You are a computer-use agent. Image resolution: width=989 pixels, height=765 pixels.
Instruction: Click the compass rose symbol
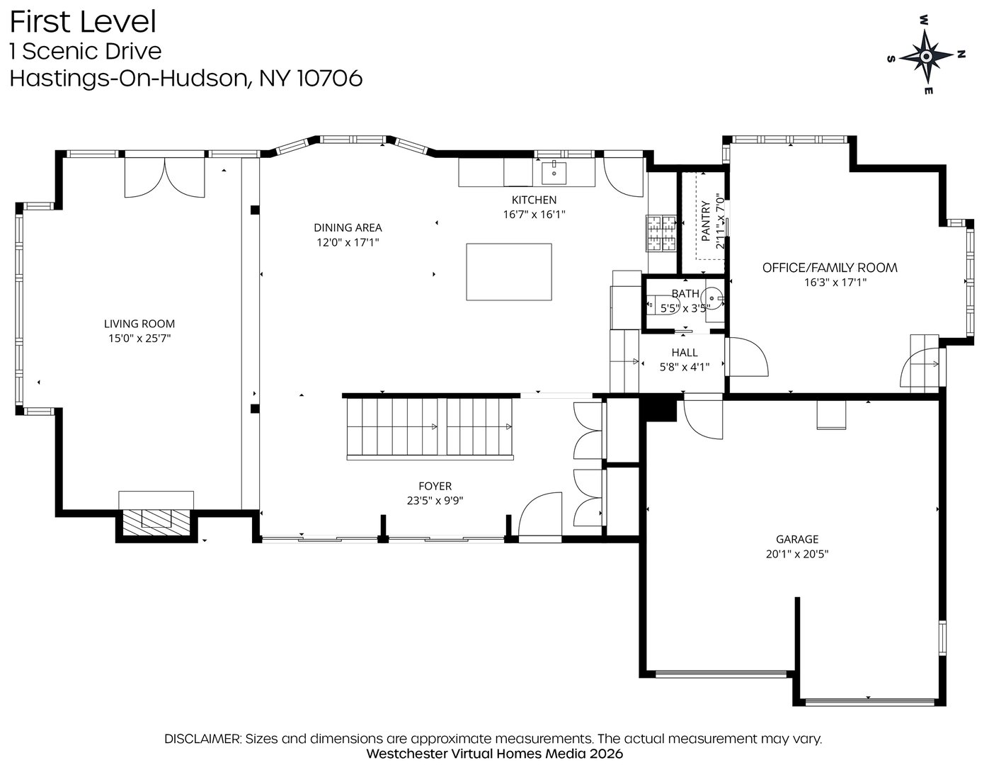[927, 56]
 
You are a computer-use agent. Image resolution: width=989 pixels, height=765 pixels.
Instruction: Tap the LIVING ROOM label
[139, 324]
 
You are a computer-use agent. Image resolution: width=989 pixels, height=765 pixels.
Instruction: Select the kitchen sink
[554, 172]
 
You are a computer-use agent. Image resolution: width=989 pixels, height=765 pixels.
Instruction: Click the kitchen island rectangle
[509, 272]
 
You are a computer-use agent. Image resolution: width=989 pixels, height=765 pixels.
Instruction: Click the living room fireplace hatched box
[156, 522]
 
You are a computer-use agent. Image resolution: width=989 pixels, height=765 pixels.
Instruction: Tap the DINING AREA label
[348, 227]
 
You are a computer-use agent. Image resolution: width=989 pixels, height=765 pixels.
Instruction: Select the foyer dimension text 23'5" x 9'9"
[435, 500]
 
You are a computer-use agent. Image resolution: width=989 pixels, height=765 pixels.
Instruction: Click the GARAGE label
[797, 539]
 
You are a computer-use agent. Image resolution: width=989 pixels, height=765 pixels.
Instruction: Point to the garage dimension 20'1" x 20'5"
[797, 554]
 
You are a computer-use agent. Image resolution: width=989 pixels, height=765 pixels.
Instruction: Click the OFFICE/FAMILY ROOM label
[830, 268]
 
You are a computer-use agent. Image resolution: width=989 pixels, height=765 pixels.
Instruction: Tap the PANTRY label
[706, 221]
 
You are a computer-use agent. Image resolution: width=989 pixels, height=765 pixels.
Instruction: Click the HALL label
[685, 353]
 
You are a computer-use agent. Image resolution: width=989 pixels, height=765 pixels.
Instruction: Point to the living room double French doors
[165, 177]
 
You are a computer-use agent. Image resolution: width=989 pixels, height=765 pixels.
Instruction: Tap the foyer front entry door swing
[540, 515]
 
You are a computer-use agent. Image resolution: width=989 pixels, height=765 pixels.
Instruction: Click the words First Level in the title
[83, 22]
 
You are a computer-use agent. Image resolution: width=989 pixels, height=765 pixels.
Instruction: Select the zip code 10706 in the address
[330, 78]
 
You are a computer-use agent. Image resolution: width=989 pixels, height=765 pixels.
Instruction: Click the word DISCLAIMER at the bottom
[202, 739]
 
